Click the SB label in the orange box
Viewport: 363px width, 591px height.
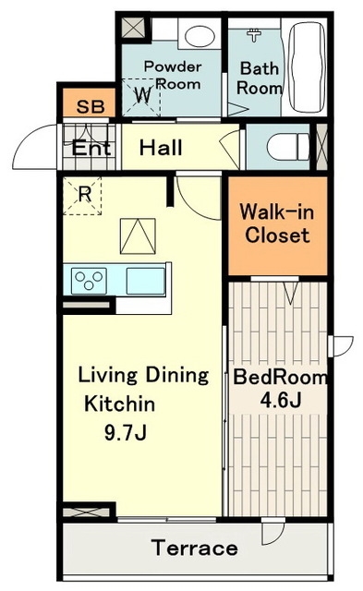91,107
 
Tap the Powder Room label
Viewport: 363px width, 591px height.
173,75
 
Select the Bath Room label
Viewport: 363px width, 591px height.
260,78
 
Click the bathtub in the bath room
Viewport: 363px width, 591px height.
307,66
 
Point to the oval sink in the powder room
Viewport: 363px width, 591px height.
200,35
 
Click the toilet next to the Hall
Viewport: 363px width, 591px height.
288,146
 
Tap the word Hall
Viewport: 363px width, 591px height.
161,148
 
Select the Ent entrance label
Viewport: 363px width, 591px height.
91,148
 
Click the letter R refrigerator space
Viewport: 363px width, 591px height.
84,195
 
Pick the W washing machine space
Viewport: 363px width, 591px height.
143,95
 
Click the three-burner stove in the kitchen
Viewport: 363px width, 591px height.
89,281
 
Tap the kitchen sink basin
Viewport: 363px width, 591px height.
146,281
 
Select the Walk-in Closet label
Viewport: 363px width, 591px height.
277,223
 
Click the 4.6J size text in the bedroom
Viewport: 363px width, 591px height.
281,400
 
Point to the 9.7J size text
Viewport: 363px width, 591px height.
125,433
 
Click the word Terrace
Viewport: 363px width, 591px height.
195,548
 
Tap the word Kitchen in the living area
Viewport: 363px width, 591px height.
119,404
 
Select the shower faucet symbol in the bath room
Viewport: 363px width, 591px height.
254,35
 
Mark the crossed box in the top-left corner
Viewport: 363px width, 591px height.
133,27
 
